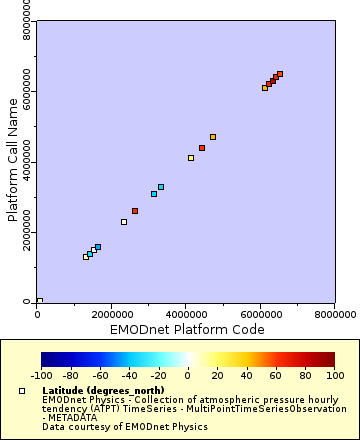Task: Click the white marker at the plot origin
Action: coord(39,301)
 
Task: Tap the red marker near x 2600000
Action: coord(135,211)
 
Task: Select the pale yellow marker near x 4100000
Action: coord(191,158)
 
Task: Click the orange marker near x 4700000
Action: coord(213,137)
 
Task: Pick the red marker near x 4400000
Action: coord(202,148)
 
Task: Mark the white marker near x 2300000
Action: coord(124,222)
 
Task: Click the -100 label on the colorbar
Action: coord(41,376)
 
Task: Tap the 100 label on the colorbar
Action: coord(335,376)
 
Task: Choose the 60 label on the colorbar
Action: coord(276,376)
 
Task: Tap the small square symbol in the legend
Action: coord(23,390)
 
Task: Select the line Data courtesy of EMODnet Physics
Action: coord(109,426)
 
